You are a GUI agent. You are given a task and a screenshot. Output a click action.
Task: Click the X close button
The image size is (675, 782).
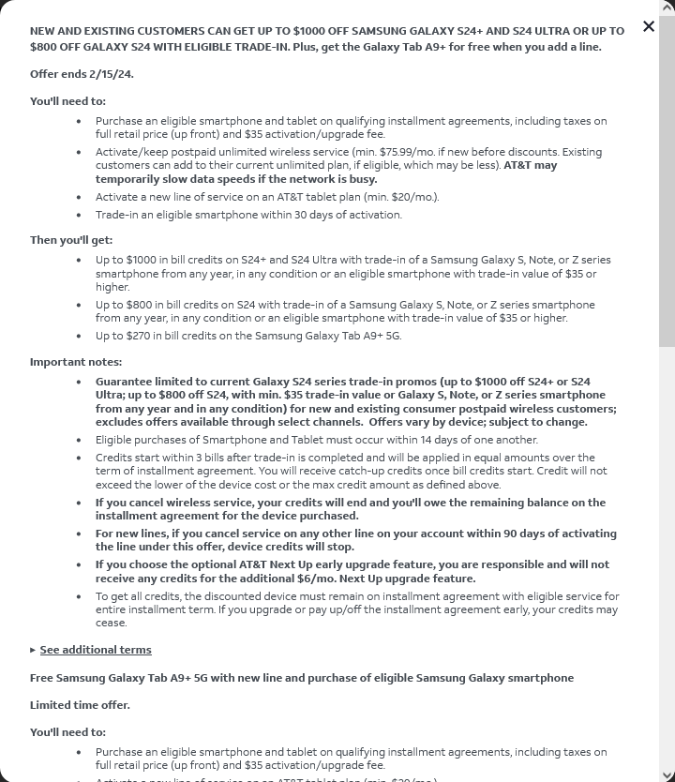click(649, 26)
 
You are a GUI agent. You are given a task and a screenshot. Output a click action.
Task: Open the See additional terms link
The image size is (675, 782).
click(96, 650)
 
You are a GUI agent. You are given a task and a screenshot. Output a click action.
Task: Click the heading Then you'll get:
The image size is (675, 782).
click(71, 240)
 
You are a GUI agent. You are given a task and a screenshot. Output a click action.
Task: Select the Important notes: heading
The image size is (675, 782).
click(76, 362)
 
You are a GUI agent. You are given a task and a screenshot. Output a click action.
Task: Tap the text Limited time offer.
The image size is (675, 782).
click(80, 705)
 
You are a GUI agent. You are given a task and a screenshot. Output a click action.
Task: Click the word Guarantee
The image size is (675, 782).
click(126, 382)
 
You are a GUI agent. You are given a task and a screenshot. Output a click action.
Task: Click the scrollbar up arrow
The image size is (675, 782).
click(667, 8)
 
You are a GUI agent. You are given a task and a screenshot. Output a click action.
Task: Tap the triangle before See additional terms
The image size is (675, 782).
click(34, 650)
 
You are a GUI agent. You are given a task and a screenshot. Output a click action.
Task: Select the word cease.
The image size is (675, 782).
click(111, 623)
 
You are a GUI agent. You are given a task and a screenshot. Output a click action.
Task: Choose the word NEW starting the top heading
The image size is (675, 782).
click(43, 31)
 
